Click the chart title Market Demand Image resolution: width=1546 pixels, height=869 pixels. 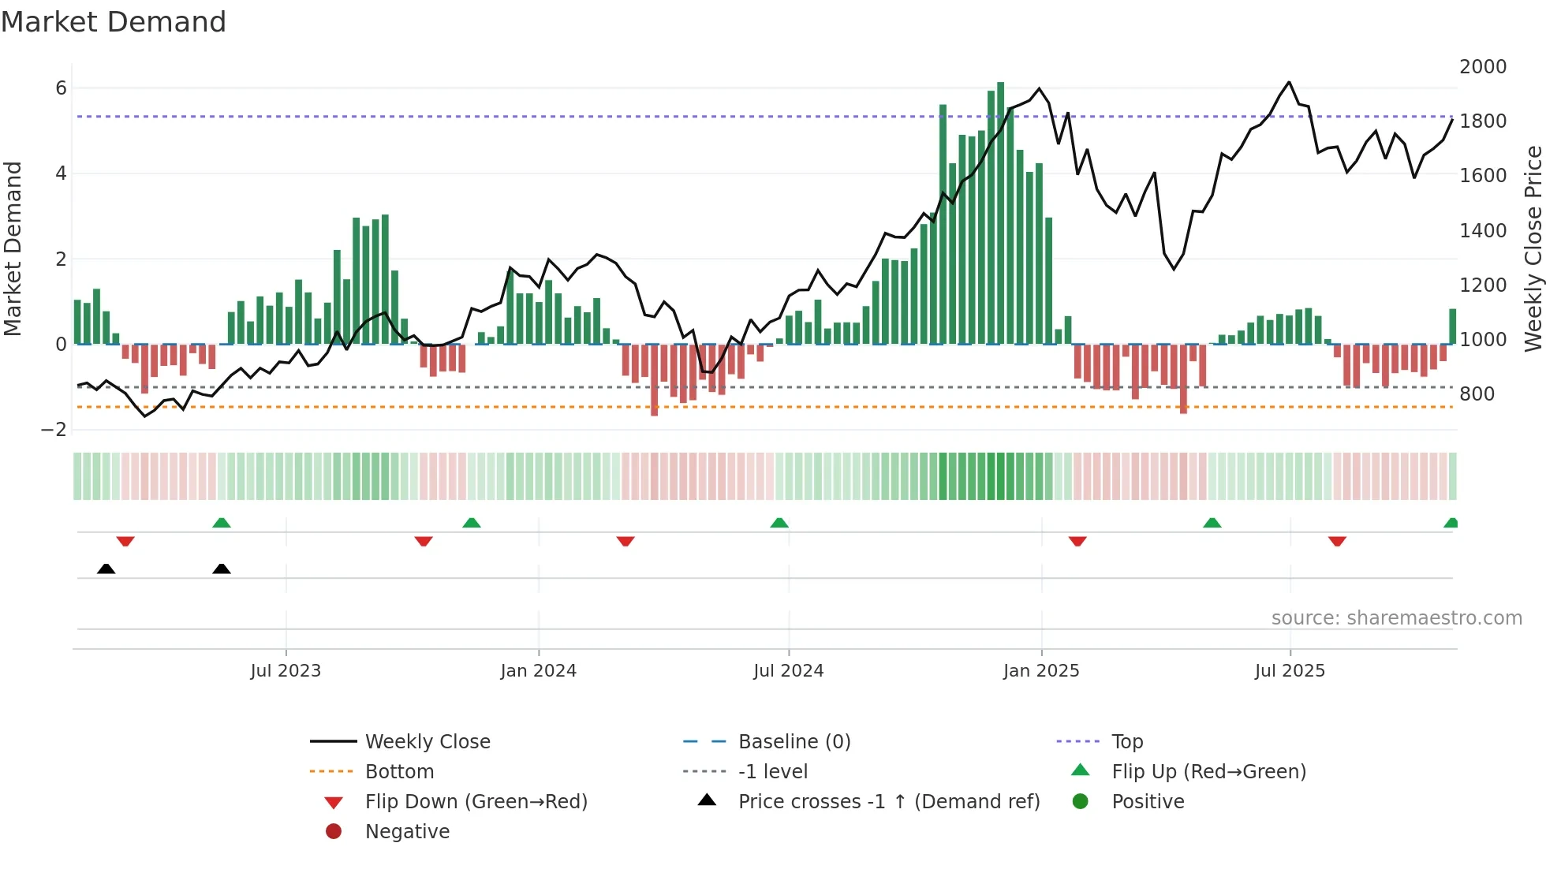[x=114, y=22]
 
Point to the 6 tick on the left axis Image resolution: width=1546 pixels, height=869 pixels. [x=61, y=88]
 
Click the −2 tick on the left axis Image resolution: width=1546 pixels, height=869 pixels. [x=54, y=430]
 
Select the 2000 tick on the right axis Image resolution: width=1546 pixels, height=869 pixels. [x=1482, y=67]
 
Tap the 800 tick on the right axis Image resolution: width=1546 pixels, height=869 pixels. [x=1477, y=394]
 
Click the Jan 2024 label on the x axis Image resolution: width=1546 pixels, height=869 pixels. [x=538, y=671]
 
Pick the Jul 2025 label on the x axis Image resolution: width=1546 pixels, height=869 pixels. [x=1290, y=671]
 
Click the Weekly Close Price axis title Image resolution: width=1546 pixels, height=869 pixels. [x=1533, y=248]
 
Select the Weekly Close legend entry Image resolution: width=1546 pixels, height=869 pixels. [x=427, y=742]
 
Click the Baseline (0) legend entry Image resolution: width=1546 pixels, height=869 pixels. [x=794, y=742]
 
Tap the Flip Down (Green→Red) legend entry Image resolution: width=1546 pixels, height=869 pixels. [x=476, y=802]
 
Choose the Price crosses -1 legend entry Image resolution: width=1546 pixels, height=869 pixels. [x=888, y=802]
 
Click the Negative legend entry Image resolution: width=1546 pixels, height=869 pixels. [x=407, y=832]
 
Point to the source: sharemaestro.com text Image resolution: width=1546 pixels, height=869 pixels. [x=1396, y=618]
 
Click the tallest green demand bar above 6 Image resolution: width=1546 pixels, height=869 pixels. [x=1000, y=213]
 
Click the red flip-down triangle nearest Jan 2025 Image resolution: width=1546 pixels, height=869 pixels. [x=1077, y=541]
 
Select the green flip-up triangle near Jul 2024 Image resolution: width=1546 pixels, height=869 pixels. [x=779, y=523]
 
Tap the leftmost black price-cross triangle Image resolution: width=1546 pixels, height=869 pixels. [x=106, y=569]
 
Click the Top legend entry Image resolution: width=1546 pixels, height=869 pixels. [x=1126, y=742]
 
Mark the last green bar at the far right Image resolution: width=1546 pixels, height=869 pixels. [x=1452, y=326]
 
